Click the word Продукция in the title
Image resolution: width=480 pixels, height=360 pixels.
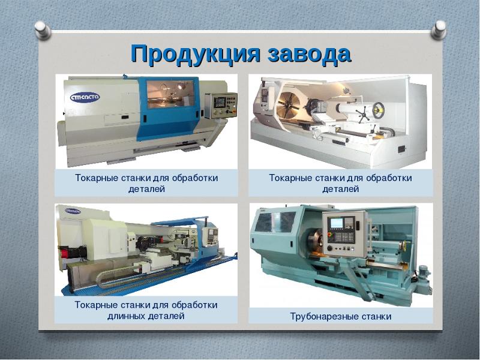[195, 54]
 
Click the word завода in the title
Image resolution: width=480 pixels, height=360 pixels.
[309, 54]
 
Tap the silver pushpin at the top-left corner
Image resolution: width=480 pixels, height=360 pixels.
[43, 30]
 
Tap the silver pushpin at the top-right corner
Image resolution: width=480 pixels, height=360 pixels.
[439, 29]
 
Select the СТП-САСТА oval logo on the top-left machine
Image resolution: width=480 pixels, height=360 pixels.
[85, 98]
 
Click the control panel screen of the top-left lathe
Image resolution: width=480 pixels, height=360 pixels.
[220, 102]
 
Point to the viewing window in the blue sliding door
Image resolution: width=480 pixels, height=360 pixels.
[170, 94]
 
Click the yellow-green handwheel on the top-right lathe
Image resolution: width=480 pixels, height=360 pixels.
[379, 110]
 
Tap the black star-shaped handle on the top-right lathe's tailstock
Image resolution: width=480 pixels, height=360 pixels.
[363, 114]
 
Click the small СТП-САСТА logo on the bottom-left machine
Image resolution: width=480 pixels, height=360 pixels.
[73, 211]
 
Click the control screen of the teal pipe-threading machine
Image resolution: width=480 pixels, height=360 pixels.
[337, 223]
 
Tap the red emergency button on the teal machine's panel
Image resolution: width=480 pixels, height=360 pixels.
[330, 235]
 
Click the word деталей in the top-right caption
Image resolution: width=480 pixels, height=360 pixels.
[340, 189]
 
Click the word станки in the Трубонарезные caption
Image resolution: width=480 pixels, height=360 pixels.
[376, 316]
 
